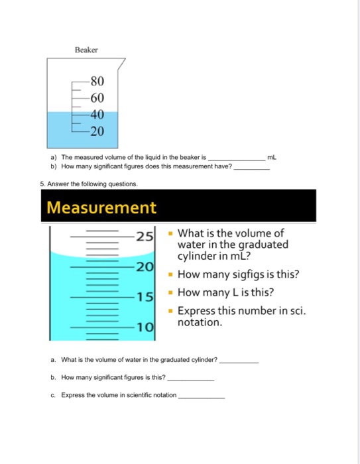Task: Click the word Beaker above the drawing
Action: point(86,50)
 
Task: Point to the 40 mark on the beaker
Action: point(97,115)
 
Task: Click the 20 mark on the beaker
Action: point(97,131)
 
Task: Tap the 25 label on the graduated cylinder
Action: point(145,236)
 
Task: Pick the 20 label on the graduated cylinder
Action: point(145,266)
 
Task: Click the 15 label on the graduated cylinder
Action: point(145,297)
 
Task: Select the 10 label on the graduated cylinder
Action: point(145,327)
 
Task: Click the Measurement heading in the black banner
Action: point(101,207)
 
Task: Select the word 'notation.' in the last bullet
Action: point(200,323)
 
